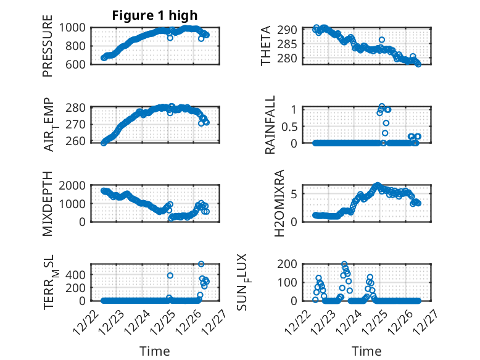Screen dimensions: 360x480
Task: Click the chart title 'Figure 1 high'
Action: point(155,15)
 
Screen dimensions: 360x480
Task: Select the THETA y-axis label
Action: point(266,46)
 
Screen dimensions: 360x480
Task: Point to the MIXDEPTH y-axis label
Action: point(48,204)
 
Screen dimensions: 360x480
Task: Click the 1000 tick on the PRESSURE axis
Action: point(77,28)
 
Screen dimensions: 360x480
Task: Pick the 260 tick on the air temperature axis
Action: point(80,142)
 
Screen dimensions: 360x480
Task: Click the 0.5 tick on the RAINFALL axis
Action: point(291,126)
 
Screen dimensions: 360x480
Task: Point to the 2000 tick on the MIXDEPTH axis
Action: point(77,186)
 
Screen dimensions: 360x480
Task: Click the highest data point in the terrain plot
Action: point(201,264)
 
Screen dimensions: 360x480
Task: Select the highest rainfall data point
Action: point(382,106)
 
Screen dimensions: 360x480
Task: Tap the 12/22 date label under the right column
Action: point(302,319)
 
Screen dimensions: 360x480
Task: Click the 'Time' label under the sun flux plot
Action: point(366,351)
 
